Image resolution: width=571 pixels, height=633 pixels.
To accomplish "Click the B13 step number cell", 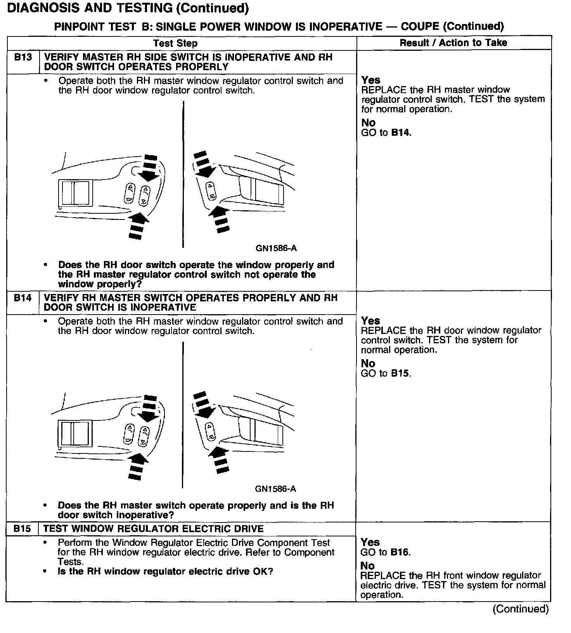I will pyautogui.click(x=22, y=58).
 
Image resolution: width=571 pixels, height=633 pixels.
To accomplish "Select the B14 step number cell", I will pyautogui.click(x=22, y=298).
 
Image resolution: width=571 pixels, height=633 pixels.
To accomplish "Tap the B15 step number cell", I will pyautogui.click(x=22, y=529).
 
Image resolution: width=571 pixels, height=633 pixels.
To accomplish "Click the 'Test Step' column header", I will pyautogui.click(x=175, y=43).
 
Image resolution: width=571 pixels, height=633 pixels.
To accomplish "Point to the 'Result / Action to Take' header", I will pyautogui.click(x=453, y=43).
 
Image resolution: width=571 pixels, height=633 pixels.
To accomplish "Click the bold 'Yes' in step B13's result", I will pyautogui.click(x=371, y=80).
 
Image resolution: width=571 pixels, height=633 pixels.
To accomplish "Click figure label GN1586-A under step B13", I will pyautogui.click(x=276, y=248).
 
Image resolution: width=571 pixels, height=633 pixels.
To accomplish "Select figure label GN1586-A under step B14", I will pyautogui.click(x=275, y=489).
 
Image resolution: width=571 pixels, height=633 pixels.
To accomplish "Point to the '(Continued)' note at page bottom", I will pyautogui.click(x=521, y=609).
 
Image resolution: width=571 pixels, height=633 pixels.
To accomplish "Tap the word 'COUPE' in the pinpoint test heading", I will pyautogui.click(x=420, y=26).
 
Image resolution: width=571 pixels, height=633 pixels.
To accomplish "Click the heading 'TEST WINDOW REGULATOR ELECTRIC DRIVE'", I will pyautogui.click(x=153, y=529).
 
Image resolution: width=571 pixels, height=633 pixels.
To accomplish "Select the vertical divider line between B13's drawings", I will pyautogui.click(x=183, y=175).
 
